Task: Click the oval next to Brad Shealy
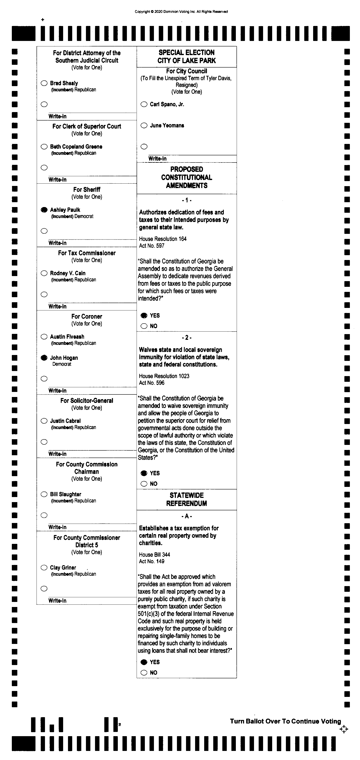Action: [44, 83]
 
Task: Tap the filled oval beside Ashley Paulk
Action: [44, 210]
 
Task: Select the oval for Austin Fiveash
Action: [44, 337]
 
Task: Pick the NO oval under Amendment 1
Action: [144, 326]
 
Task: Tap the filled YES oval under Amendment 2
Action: [144, 473]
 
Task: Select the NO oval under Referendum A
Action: [144, 673]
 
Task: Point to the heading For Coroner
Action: [87, 317]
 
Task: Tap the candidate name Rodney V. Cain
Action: [68, 273]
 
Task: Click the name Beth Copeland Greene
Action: [76, 147]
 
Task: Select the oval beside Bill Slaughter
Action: [44, 494]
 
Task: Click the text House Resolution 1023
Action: [164, 376]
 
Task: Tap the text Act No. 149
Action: [152, 561]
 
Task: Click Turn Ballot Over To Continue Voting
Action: [285, 721]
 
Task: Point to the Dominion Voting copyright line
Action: [181, 12]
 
